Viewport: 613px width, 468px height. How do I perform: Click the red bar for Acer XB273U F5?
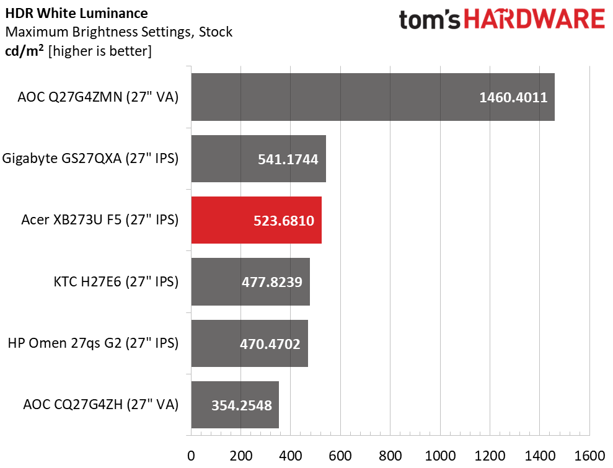pyautogui.click(x=256, y=220)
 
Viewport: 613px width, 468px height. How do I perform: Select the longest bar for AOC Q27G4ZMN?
pyautogui.click(x=373, y=97)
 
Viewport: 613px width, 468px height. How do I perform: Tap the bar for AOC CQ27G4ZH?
pyautogui.click(x=235, y=405)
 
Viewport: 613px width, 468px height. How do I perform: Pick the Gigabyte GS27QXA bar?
pyautogui.click(x=258, y=159)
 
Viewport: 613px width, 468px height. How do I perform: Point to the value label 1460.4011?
pyautogui.click(x=513, y=98)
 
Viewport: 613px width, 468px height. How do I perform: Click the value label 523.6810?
pyautogui.click(x=284, y=221)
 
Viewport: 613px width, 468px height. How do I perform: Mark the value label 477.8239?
pyautogui.click(x=272, y=282)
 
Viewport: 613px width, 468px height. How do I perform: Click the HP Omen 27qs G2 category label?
pyautogui.click(x=93, y=343)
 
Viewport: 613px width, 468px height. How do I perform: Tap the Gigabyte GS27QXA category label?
pyautogui.click(x=90, y=159)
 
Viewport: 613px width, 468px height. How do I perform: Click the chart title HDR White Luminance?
pyautogui.click(x=76, y=13)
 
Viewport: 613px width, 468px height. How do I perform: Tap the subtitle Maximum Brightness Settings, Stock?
pyautogui.click(x=118, y=32)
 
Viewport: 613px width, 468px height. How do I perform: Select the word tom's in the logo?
pyautogui.click(x=430, y=19)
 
